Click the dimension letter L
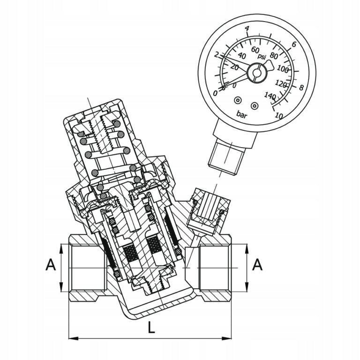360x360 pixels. pos(151,327)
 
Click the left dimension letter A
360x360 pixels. pos(51,265)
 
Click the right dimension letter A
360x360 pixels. pos(257,265)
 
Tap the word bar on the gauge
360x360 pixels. pos(242,114)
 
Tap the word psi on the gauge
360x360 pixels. pos(262,56)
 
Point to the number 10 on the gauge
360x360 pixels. pos(279,116)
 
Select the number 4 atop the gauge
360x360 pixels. pos(247,29)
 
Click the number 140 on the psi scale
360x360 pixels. pos(270,96)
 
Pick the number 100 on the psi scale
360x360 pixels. pos(283,69)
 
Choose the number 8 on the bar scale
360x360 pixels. pos(301,88)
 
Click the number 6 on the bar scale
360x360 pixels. pos(294,45)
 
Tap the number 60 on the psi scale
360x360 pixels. pos(255,50)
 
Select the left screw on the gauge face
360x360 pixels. pos(237,100)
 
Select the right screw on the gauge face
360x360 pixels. pos(254,105)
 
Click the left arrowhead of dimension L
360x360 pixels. pos(74,338)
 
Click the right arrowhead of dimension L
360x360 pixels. pos(226,338)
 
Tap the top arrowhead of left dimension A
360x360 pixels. pos(61,248)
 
